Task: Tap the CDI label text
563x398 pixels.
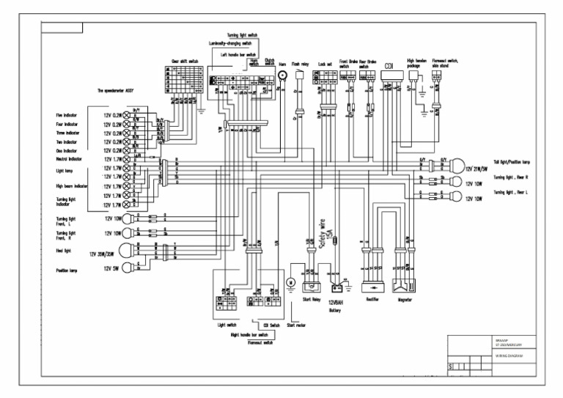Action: click(389, 66)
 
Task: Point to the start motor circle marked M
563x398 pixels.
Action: click(290, 282)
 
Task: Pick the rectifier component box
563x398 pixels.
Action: click(372, 282)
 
